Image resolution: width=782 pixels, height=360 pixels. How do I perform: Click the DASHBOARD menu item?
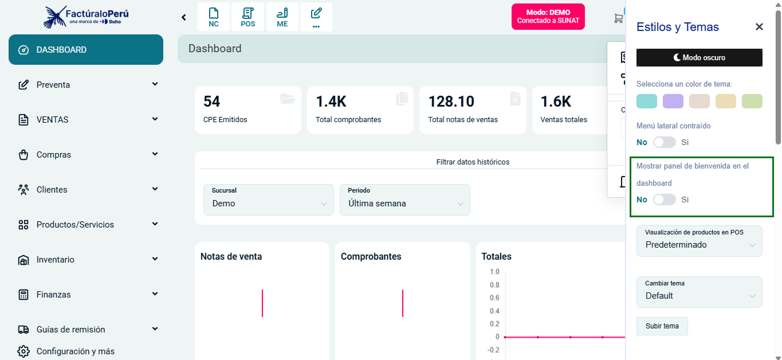(x=86, y=50)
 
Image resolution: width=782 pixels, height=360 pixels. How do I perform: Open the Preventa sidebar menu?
(x=86, y=85)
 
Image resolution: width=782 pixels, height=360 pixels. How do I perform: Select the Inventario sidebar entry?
(x=86, y=260)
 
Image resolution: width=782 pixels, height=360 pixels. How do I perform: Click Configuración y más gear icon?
(x=23, y=351)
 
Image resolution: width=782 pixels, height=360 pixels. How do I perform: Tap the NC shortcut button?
(x=214, y=17)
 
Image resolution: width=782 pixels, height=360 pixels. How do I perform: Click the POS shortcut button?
(x=248, y=17)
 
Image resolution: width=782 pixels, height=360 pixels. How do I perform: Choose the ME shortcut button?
(x=282, y=17)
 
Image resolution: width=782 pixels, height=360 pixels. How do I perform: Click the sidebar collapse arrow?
(x=184, y=17)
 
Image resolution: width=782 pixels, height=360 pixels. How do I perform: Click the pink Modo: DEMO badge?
(x=548, y=17)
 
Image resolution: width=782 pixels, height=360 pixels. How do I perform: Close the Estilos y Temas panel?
(x=759, y=27)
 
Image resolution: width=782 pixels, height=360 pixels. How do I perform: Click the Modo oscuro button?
(x=699, y=57)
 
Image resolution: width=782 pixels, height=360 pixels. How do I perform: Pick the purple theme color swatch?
(x=673, y=101)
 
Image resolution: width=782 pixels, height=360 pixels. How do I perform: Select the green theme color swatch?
(x=752, y=101)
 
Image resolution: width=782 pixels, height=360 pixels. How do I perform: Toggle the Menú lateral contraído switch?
(x=665, y=142)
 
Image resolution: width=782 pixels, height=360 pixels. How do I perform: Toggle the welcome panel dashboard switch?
(x=665, y=199)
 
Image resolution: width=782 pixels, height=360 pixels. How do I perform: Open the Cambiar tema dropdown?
(x=699, y=292)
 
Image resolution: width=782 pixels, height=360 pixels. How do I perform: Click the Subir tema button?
(x=662, y=326)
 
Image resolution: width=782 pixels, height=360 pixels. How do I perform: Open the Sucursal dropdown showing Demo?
(x=268, y=199)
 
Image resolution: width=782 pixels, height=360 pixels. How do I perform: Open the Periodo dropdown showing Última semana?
(x=404, y=199)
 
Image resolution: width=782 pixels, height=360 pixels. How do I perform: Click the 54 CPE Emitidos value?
(x=212, y=101)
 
